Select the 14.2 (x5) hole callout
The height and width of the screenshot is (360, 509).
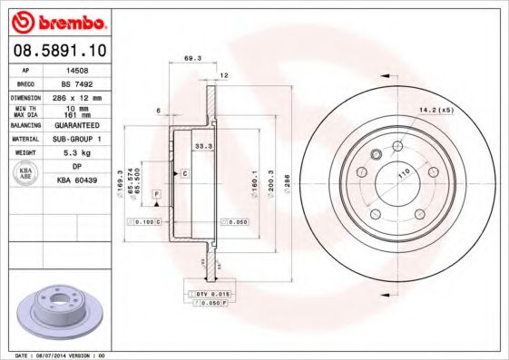point(435,112)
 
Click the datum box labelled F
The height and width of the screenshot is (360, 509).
point(156,195)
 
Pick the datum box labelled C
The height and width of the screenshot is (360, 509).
point(184,172)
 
